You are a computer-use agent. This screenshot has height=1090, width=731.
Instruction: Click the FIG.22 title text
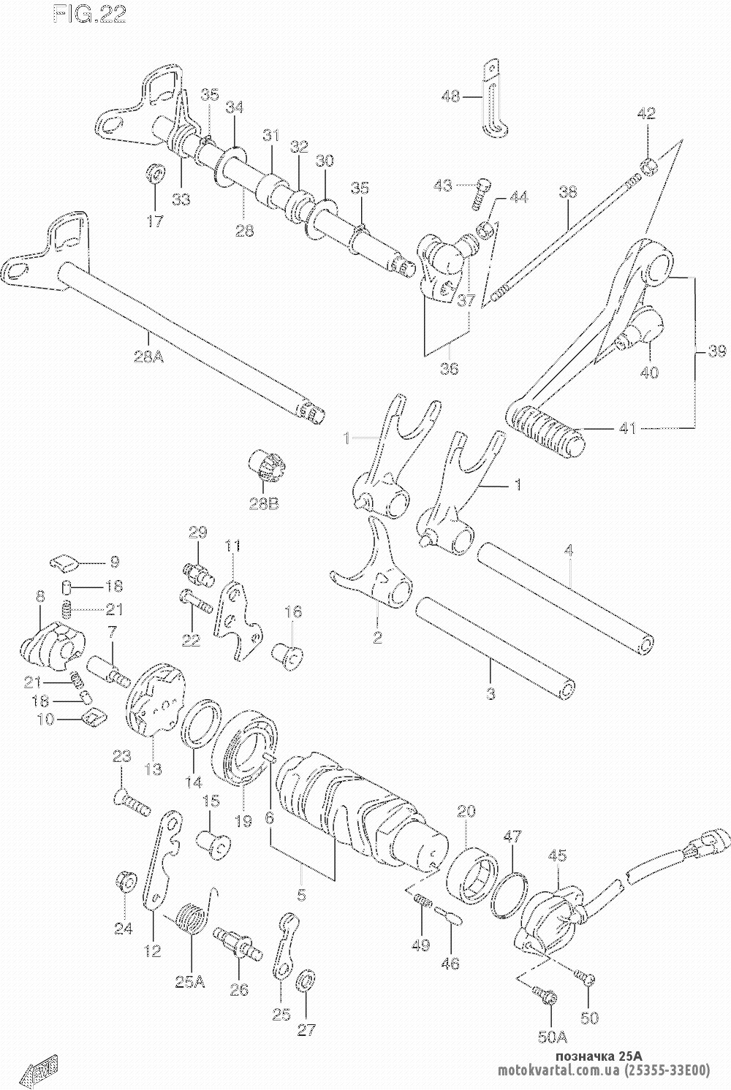pos(88,15)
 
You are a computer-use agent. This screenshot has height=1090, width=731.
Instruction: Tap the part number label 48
pos(451,96)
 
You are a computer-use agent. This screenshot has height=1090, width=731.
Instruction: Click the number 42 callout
pos(645,114)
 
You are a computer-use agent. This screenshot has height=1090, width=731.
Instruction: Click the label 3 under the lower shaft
pos(491,693)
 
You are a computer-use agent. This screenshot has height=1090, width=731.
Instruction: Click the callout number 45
pos(557,853)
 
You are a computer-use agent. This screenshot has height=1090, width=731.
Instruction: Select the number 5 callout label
pos(301,893)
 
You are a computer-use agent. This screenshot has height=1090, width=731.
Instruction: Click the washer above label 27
pos(306,981)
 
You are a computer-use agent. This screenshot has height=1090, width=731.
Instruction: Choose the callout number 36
pos(449,368)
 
